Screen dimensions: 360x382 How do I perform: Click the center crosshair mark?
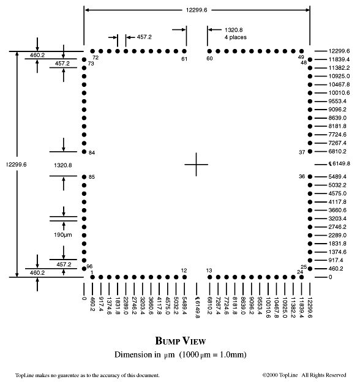click(197, 165)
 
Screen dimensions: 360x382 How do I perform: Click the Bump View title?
click(181, 341)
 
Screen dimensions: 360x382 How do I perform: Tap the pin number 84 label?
click(92, 153)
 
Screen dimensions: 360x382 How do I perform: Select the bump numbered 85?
click(84, 177)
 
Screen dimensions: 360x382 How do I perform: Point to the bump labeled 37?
click(310, 152)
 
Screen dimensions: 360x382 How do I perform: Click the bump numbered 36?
click(310, 177)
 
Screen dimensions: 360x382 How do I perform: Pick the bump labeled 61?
click(184, 51)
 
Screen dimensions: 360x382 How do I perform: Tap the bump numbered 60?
click(209, 51)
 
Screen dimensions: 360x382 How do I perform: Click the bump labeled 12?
click(184, 277)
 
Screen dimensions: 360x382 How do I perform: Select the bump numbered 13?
click(210, 277)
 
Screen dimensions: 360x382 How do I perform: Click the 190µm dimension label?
click(63, 235)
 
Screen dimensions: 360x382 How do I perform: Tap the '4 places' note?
click(235, 37)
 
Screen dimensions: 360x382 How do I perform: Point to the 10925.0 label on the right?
click(339, 77)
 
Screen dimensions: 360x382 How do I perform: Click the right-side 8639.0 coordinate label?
click(337, 118)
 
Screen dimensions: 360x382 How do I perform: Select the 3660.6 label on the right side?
click(337, 210)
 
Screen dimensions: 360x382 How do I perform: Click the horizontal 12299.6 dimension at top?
click(197, 10)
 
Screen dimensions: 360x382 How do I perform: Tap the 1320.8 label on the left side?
click(63, 165)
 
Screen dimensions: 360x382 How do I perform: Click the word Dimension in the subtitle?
click(134, 354)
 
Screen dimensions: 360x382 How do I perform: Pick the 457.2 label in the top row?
click(144, 37)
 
